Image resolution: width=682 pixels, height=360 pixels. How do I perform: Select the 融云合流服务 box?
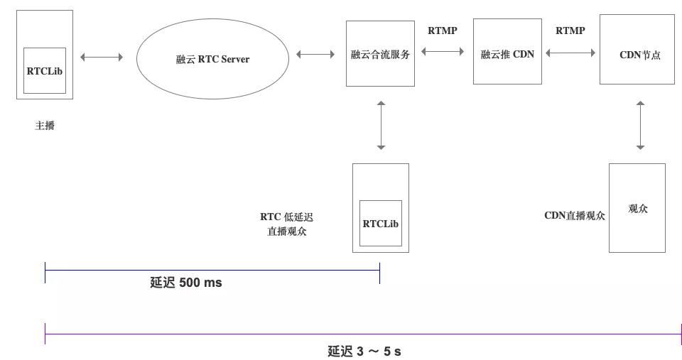pyautogui.click(x=380, y=54)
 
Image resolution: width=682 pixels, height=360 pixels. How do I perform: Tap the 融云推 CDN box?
pyautogui.click(x=507, y=52)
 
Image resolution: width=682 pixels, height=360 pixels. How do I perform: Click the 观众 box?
pyautogui.click(x=637, y=208)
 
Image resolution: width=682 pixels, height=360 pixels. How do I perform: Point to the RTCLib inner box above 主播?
pyautogui.click(x=45, y=70)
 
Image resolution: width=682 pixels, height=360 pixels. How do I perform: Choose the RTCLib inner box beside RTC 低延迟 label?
pyautogui.click(x=381, y=224)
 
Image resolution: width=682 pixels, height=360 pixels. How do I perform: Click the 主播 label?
pyautogui.click(x=45, y=126)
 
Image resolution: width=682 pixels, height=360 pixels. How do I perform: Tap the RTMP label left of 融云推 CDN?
pyautogui.click(x=442, y=31)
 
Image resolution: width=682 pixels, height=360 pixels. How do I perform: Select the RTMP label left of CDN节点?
pyautogui.click(x=570, y=31)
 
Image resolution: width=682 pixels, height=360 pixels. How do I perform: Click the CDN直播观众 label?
pyautogui.click(x=575, y=216)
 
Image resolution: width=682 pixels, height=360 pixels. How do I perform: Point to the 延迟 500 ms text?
pyautogui.click(x=186, y=283)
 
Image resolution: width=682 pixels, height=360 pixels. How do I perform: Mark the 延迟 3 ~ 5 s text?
pyautogui.click(x=364, y=351)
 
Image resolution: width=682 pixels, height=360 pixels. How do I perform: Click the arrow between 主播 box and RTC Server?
pyautogui.click(x=102, y=57)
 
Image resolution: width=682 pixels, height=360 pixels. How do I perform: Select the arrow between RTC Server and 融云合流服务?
pyautogui.click(x=315, y=54)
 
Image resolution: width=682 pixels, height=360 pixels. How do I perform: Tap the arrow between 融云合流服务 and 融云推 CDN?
pyautogui.click(x=443, y=51)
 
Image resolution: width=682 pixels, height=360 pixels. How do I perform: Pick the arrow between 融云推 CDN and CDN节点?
pyautogui.click(x=571, y=52)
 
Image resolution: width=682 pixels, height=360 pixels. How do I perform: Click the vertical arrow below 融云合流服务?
pyautogui.click(x=381, y=125)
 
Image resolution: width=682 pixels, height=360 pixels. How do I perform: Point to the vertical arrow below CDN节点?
pyautogui.click(x=640, y=125)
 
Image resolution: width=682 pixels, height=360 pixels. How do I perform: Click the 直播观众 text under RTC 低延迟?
pyautogui.click(x=287, y=231)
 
